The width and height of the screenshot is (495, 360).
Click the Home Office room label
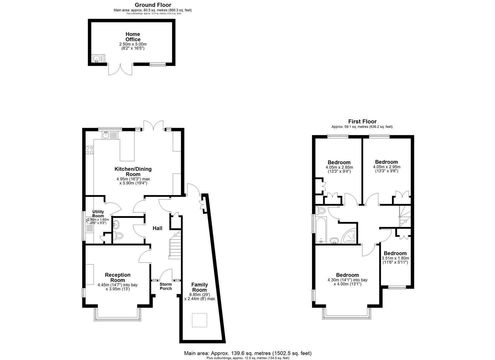tap(133, 37)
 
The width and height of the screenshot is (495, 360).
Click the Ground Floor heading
tap(153, 5)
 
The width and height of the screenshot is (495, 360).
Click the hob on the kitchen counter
tap(89, 150)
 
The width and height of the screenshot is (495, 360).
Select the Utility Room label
tap(98, 214)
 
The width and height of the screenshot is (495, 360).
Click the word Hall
tap(157, 228)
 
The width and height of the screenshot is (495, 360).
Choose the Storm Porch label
tap(166, 286)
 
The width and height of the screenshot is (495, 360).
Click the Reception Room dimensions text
tap(118, 287)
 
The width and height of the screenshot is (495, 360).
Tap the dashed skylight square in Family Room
tap(200, 321)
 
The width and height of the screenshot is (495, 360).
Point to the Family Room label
tap(199, 287)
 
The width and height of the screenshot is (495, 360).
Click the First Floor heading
tap(362, 122)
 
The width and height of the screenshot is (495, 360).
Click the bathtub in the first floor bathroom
tap(321, 230)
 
